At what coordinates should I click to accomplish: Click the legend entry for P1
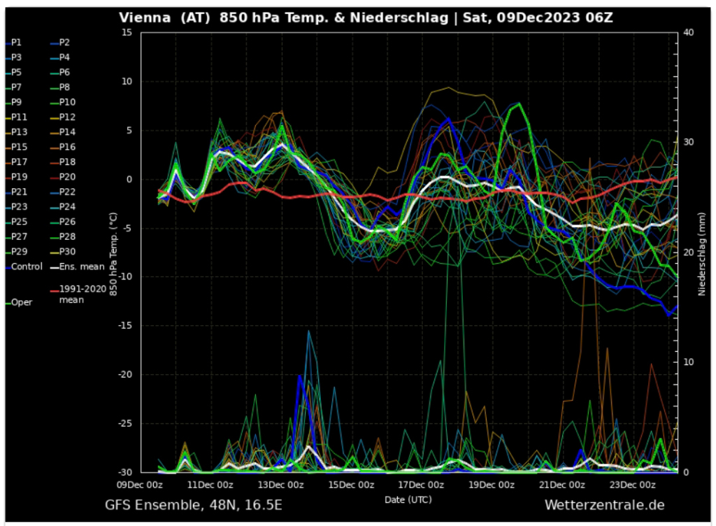16,42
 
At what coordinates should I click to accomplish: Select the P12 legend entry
67,117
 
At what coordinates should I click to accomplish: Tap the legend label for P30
67,252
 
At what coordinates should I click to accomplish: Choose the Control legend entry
26,266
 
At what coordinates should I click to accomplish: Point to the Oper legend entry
21,302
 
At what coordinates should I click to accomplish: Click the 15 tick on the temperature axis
127,33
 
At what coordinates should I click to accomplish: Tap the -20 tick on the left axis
124,375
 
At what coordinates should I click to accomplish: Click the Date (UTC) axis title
408,499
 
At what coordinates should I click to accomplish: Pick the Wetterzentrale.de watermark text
604,505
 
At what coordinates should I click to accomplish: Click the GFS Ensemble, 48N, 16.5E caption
194,505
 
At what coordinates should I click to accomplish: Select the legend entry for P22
67,192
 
